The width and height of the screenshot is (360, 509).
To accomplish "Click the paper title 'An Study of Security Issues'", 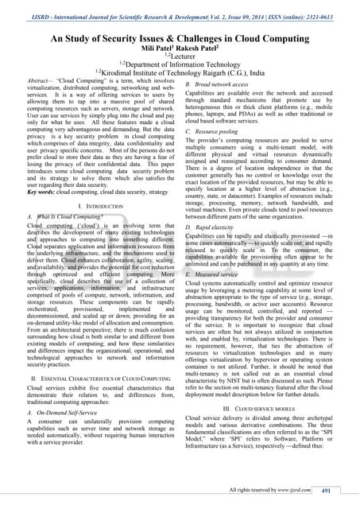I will coord(180,37).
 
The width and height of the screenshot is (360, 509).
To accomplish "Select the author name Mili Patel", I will coord(154,49).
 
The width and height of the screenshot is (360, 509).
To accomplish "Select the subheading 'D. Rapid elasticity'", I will coord(214,227).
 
